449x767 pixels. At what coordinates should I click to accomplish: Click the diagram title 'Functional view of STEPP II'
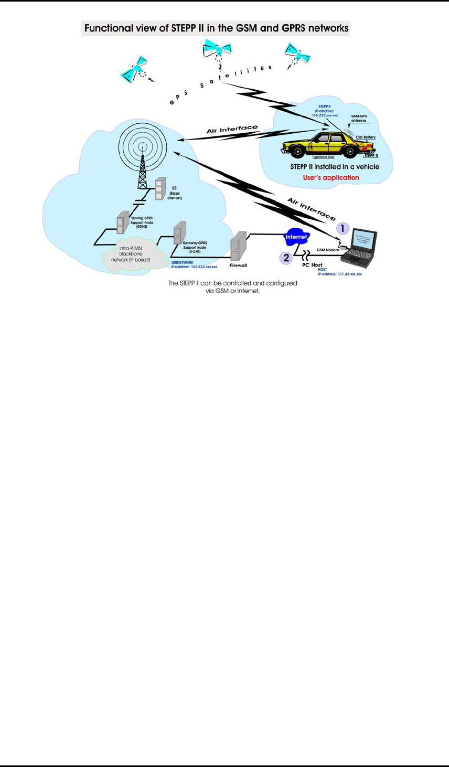pyautogui.click(x=216, y=28)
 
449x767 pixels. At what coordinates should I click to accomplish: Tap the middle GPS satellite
pyautogui.click(x=216, y=50)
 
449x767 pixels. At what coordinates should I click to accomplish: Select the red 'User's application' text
pyautogui.click(x=331, y=177)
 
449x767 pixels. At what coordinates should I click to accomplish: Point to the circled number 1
pyautogui.click(x=342, y=228)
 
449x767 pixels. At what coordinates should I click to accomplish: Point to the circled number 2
pyautogui.click(x=286, y=258)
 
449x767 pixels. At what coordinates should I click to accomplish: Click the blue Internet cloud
pyautogui.click(x=296, y=237)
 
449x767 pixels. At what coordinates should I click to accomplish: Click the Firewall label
pyautogui.click(x=238, y=265)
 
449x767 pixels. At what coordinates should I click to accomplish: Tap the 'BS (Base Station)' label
pyautogui.click(x=175, y=193)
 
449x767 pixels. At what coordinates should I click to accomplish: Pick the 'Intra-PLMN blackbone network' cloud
pyautogui.click(x=130, y=254)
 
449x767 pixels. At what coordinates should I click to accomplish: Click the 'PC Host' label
pyautogui.click(x=312, y=265)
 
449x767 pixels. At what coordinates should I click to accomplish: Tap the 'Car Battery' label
pyautogui.click(x=366, y=137)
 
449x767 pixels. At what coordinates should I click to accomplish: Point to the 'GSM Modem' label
pyautogui.click(x=328, y=250)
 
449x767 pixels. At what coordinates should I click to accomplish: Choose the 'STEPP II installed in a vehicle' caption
pyautogui.click(x=334, y=167)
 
